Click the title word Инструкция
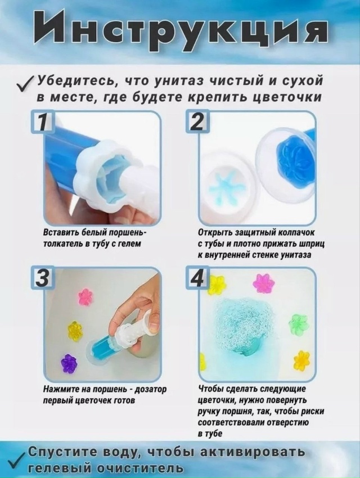(179, 29)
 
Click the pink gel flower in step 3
(85, 296)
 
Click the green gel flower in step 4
(298, 324)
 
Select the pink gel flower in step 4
(263, 283)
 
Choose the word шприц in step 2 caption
(315, 243)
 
